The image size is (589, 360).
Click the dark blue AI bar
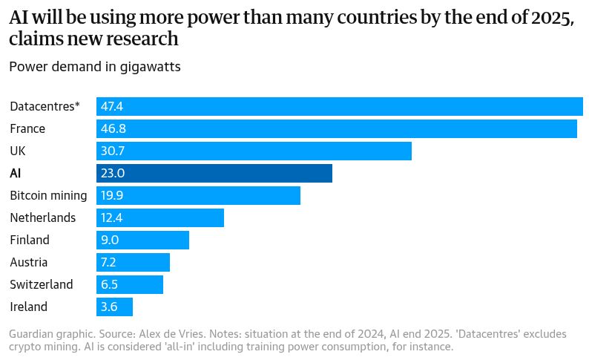tap(214, 173)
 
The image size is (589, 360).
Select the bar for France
tap(337, 128)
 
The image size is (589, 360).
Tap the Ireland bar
tap(114, 307)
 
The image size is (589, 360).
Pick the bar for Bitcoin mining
tap(198, 195)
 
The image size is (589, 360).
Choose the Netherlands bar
tap(160, 217)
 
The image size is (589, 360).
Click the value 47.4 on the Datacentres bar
tap(112, 107)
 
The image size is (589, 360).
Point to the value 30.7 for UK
tap(112, 151)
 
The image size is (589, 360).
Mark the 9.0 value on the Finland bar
tap(110, 240)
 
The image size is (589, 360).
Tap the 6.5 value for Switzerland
tap(109, 284)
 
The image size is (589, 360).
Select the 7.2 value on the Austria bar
tap(109, 262)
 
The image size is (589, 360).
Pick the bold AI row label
tap(16, 173)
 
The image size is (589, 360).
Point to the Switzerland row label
tap(42, 284)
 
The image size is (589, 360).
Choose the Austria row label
tap(29, 262)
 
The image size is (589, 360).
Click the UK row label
tap(18, 151)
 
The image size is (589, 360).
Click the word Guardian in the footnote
tap(32, 335)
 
